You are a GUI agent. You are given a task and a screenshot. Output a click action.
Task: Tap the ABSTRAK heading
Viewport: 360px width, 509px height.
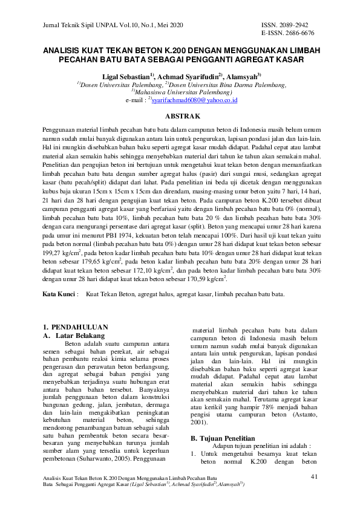180,115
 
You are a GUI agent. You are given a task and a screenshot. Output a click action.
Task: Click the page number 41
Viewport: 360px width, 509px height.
314,477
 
